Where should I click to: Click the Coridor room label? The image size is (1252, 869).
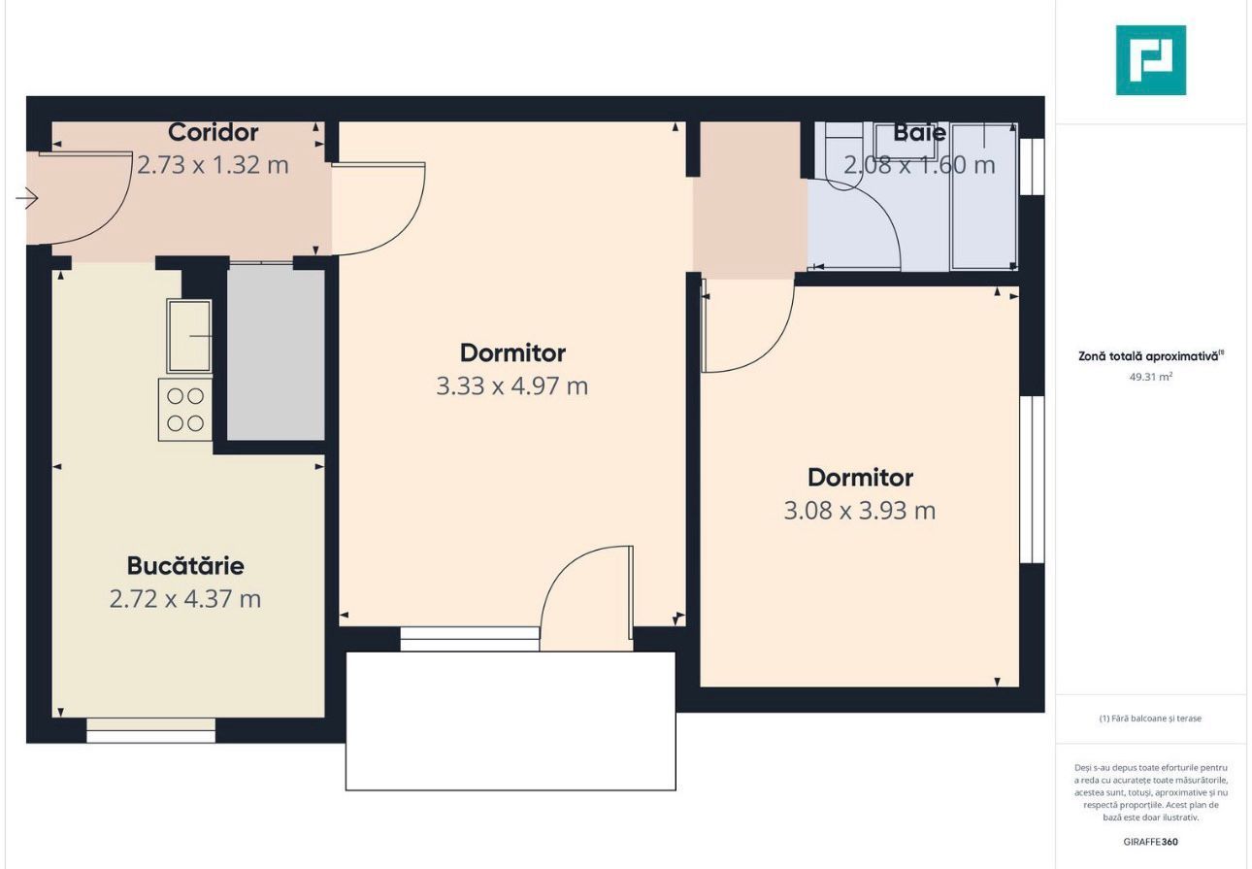click(x=213, y=132)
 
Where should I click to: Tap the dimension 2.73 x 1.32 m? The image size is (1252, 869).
click(x=213, y=164)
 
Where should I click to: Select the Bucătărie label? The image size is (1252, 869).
click(x=185, y=565)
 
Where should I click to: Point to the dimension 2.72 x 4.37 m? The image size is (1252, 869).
click(x=185, y=598)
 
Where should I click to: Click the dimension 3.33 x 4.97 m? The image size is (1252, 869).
click(x=512, y=385)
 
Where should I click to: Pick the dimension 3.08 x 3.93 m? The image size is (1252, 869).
click(x=860, y=510)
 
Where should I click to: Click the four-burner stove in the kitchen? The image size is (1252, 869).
click(x=185, y=410)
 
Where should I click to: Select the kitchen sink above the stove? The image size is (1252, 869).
click(x=189, y=336)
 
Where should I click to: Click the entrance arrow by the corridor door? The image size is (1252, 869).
click(x=27, y=199)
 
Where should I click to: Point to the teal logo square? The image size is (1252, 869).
click(x=1151, y=60)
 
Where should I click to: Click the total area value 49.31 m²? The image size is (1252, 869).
click(x=1151, y=376)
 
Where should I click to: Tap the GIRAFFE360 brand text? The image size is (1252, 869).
click(x=1151, y=842)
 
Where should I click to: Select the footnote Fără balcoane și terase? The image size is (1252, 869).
click(x=1151, y=719)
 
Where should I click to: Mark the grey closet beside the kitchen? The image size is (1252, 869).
click(x=276, y=354)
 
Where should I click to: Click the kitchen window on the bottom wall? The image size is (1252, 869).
click(x=150, y=730)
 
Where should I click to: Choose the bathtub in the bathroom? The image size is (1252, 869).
click(x=984, y=196)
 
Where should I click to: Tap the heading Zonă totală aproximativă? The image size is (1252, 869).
click(x=1149, y=356)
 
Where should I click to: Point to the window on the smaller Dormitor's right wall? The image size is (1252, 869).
click(x=1032, y=479)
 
